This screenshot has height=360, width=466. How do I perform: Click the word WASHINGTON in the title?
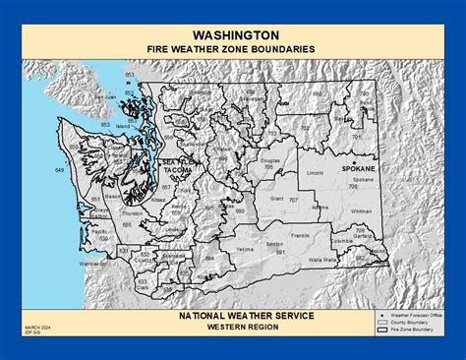click(233, 30)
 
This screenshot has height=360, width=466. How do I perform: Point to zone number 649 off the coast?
click(59, 171)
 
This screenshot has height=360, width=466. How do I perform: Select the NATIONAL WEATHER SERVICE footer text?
click(233, 315)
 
